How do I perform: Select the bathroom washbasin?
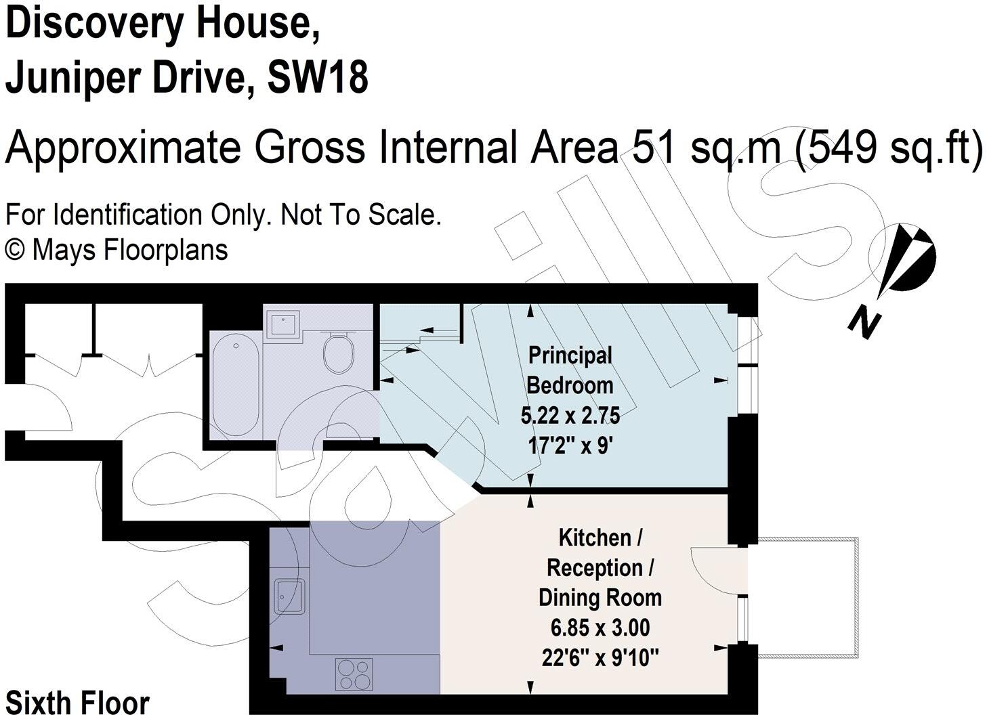click(282, 325)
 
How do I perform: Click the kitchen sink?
click(289, 596)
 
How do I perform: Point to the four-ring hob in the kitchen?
click(354, 674)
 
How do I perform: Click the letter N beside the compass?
click(864, 326)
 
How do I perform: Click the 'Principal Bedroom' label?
click(570, 370)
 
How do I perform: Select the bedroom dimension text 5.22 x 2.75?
click(570, 416)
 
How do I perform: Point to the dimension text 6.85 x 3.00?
click(600, 628)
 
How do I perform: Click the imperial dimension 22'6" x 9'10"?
click(600, 659)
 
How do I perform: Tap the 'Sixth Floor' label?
click(77, 703)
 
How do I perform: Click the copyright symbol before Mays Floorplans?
click(15, 251)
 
